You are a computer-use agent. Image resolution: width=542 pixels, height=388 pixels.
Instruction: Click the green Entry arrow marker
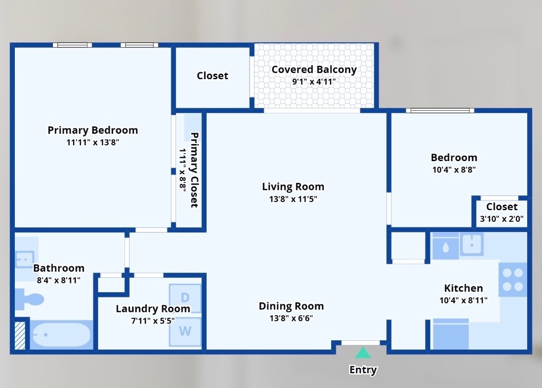363,353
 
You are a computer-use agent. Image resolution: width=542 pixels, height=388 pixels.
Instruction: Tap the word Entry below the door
363,370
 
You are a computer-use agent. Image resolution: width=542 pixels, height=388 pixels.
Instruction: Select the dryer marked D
185,298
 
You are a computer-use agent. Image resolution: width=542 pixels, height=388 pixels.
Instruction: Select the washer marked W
185,332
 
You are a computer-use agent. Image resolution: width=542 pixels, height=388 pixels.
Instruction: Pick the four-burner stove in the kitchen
513,280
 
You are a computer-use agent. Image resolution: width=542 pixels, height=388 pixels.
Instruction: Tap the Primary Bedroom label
93,130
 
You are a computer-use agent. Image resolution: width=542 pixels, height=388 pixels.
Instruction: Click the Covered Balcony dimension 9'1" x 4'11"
314,81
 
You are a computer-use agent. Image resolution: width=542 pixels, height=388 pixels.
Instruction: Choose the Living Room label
293,187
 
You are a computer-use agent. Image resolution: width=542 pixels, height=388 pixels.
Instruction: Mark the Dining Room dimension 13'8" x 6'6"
291,318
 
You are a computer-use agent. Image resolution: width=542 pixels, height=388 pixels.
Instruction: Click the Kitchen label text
463,288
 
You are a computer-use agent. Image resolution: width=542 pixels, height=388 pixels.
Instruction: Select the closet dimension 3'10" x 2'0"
502,219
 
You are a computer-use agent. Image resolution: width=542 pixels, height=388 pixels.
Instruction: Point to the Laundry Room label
153,309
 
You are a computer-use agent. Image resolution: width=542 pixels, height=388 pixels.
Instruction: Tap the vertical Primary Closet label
194,170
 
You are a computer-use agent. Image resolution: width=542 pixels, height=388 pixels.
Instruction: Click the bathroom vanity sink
24,259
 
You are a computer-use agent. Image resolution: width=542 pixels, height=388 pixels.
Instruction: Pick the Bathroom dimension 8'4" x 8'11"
58,280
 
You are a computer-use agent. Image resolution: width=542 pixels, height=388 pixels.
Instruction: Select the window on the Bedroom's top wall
440,111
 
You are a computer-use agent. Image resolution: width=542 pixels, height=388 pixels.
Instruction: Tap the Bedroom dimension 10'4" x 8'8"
454,169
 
